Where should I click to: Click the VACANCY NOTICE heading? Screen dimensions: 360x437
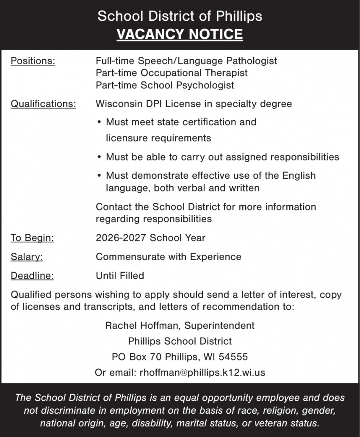(180, 34)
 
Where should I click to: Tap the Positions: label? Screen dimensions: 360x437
(33, 61)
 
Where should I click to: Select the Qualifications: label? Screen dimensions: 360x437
(43, 104)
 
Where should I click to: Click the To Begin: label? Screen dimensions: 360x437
(32, 238)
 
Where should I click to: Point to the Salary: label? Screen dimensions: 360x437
(27, 257)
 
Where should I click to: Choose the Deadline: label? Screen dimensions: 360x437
(32, 276)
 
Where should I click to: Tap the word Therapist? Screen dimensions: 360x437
(225, 73)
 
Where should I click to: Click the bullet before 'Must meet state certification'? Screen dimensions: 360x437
(99, 122)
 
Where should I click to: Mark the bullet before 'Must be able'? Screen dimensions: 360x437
(99, 157)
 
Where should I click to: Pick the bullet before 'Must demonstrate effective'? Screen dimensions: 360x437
(99, 175)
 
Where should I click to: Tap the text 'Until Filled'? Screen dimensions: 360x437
(120, 276)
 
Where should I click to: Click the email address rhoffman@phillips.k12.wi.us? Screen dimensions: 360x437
(202, 373)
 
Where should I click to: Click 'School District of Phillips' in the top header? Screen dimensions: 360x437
(180, 16)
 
